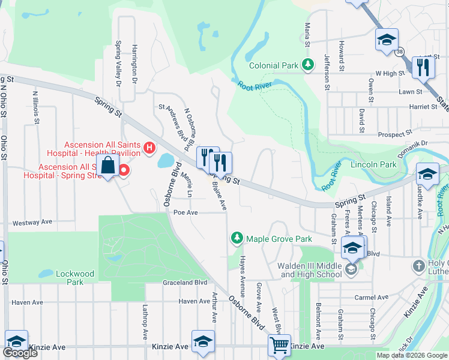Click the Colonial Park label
coord(273,65)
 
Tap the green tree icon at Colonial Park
coord(309,64)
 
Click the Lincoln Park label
coord(373,164)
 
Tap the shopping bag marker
coord(108,166)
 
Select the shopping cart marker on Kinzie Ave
coord(279,345)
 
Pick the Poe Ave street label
coord(185,212)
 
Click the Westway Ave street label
coord(32,223)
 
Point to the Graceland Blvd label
coord(185,282)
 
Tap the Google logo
coord(20,353)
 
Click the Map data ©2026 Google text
coord(411,355)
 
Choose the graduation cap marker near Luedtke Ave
coord(427,174)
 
